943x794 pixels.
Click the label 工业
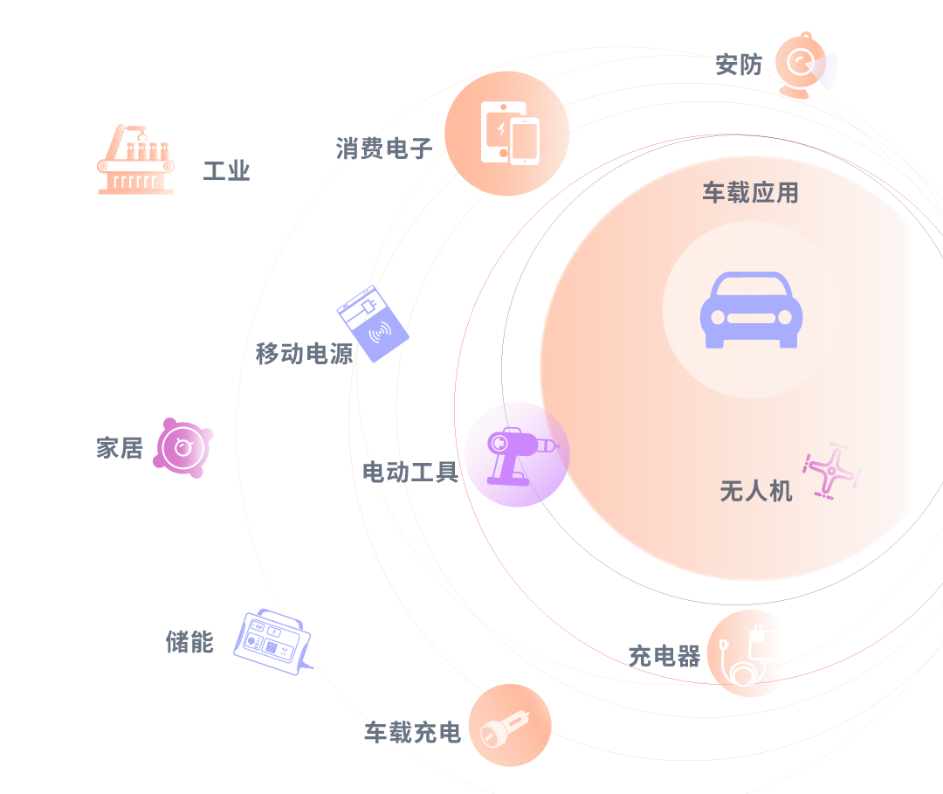226,171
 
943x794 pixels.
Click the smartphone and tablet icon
508,133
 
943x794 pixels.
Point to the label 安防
738,65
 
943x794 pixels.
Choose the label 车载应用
751,193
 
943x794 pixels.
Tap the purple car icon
751,310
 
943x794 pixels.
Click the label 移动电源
304,354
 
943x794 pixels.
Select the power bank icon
373,322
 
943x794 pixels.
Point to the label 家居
119,449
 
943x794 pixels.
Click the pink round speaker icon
183,447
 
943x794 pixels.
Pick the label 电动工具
410,473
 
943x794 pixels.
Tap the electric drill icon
516,454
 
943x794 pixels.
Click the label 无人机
756,491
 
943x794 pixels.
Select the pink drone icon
831,471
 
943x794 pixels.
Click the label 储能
189,642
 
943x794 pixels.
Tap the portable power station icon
274,640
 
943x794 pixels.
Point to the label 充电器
664,656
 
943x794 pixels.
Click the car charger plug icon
510,726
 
